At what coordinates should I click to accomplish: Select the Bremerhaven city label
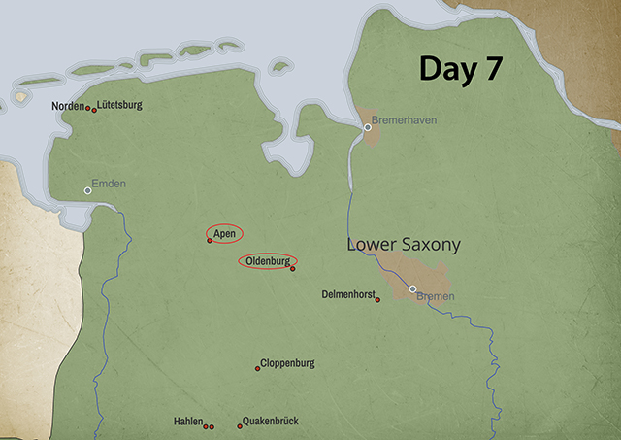[x=406, y=120]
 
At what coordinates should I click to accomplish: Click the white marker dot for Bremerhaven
[x=367, y=127]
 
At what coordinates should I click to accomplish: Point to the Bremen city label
[x=435, y=296]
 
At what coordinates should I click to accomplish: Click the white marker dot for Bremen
[x=412, y=288]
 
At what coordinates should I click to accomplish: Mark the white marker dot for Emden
[x=87, y=190]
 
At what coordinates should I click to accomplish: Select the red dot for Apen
[x=210, y=240]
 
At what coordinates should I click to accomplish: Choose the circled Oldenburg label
[x=267, y=261]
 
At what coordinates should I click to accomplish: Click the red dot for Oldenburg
[x=292, y=268]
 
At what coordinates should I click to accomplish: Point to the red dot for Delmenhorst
[x=377, y=299]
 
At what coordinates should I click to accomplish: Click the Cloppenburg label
[x=287, y=363]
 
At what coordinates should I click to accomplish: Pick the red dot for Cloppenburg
[x=257, y=368]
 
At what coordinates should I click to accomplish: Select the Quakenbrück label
[x=271, y=421]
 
